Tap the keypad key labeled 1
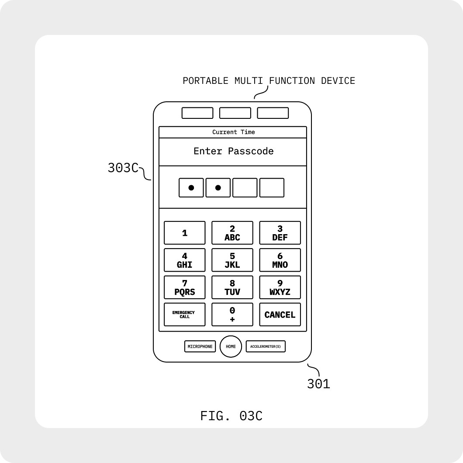click(184, 233)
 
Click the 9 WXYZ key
click(280, 287)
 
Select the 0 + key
click(232, 314)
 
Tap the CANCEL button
click(280, 314)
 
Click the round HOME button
click(231, 347)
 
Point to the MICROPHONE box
click(200, 347)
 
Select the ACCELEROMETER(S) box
click(266, 347)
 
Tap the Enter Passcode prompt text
click(234, 151)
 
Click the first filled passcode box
click(191, 188)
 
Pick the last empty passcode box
click(272, 188)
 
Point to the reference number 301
click(318, 384)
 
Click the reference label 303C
click(123, 168)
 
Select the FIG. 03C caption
click(231, 416)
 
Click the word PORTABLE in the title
click(205, 81)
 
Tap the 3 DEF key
click(280, 233)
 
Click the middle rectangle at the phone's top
click(235, 113)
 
